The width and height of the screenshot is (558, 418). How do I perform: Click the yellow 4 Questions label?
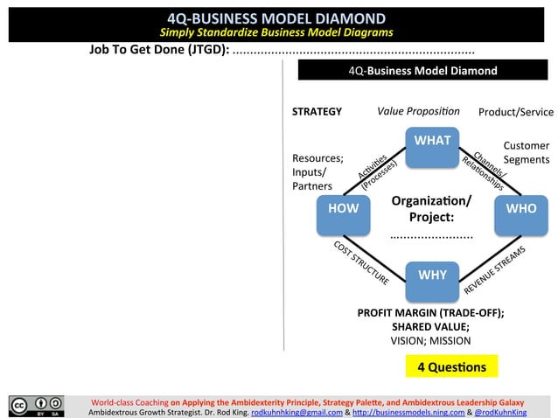coord(451,366)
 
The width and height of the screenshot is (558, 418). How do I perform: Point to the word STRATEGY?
coord(317,112)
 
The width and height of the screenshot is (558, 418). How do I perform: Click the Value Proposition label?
coord(418,111)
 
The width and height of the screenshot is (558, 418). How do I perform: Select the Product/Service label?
coord(516,112)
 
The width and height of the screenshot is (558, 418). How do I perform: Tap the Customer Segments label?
coord(527,152)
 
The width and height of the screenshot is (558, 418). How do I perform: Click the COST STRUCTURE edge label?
coord(361,262)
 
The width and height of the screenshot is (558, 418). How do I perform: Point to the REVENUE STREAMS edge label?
coord(494,269)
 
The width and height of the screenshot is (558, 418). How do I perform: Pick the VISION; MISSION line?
coord(430,341)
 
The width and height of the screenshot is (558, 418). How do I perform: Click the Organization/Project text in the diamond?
coord(430,208)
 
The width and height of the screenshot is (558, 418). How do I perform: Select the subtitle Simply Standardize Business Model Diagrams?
coord(276,32)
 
